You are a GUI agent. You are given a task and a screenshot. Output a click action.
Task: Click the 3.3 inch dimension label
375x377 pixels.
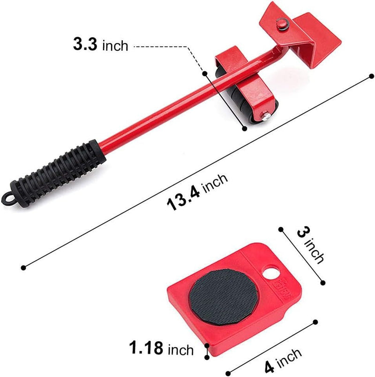[101, 45]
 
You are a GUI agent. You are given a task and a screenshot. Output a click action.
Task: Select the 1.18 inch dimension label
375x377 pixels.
[161, 348]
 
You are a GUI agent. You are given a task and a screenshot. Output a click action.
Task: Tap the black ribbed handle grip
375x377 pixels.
[58, 174]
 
